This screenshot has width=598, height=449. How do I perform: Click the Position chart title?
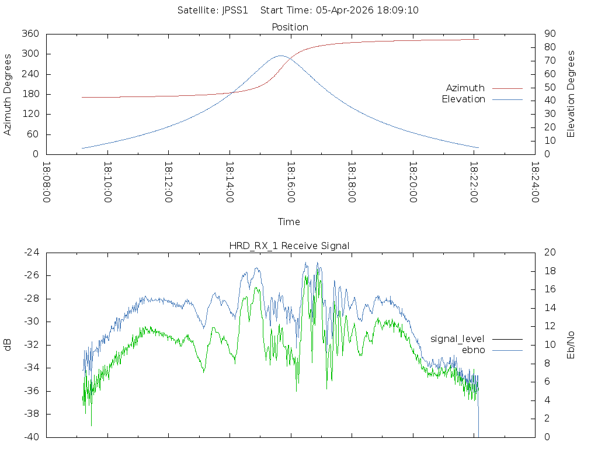click(290, 27)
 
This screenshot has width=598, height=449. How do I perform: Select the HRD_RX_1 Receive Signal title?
click(289, 246)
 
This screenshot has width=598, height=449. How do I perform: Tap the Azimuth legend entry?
click(465, 88)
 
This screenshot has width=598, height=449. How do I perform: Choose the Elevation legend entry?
click(463, 99)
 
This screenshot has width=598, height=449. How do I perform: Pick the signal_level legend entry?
click(457, 339)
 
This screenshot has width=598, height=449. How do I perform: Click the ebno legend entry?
click(473, 350)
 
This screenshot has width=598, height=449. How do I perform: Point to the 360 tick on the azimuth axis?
click(31, 34)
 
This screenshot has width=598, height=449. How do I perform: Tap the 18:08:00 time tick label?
click(47, 182)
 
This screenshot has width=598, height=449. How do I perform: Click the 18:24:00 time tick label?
click(534, 182)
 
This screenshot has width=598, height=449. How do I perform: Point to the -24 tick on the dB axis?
click(31, 253)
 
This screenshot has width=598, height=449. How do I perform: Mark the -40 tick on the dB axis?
click(31, 437)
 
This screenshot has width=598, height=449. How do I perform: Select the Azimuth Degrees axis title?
click(8, 94)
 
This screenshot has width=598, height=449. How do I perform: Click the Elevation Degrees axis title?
click(571, 94)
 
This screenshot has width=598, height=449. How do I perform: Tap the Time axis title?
click(289, 222)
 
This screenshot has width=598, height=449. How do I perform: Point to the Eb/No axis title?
click(571, 344)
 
